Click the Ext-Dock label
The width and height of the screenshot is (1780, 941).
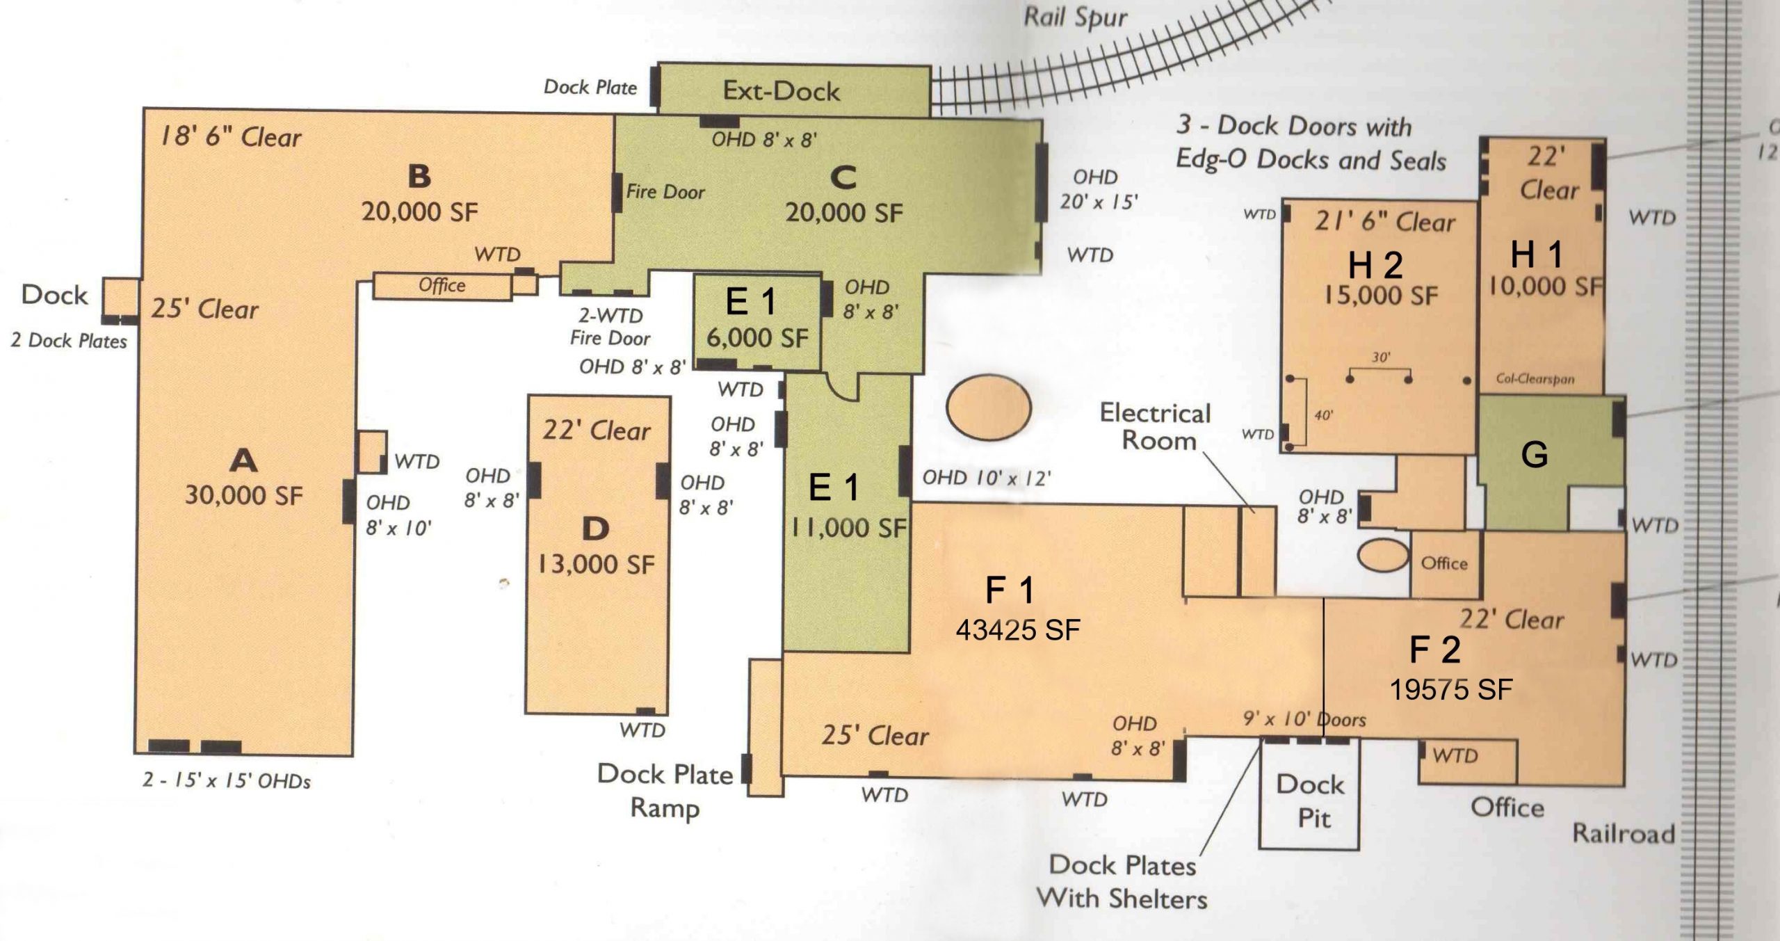pos(781,91)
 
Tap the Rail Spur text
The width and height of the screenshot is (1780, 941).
pos(1076,17)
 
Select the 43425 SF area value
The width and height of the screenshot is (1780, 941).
pos(1018,630)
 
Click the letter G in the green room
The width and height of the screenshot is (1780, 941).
pos(1535,455)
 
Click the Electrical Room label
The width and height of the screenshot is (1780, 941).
pos(1156,427)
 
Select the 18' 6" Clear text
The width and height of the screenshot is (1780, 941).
pos(231,137)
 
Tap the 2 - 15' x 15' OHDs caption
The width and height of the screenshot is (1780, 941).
pos(227,781)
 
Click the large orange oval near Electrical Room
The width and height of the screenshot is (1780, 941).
pos(989,408)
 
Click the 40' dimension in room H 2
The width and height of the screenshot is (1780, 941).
pos(1323,416)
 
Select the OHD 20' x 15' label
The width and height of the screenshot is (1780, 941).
pos(1099,189)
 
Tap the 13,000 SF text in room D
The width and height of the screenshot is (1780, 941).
pos(597,564)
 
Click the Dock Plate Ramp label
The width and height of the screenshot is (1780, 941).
pos(665,791)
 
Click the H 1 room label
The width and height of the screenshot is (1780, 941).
pos(1537,255)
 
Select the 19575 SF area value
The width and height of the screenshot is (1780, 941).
pos(1451,690)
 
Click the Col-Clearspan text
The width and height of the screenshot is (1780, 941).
pos(1535,380)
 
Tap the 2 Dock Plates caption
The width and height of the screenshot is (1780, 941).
pos(69,341)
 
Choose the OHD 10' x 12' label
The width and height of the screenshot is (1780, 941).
pos(986,478)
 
